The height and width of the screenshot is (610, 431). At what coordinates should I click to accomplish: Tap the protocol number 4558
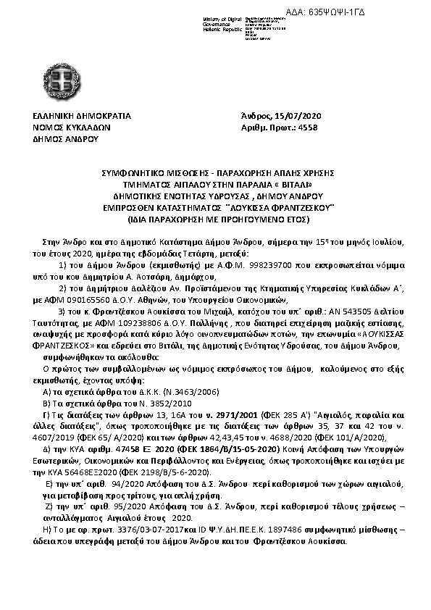(308, 127)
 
